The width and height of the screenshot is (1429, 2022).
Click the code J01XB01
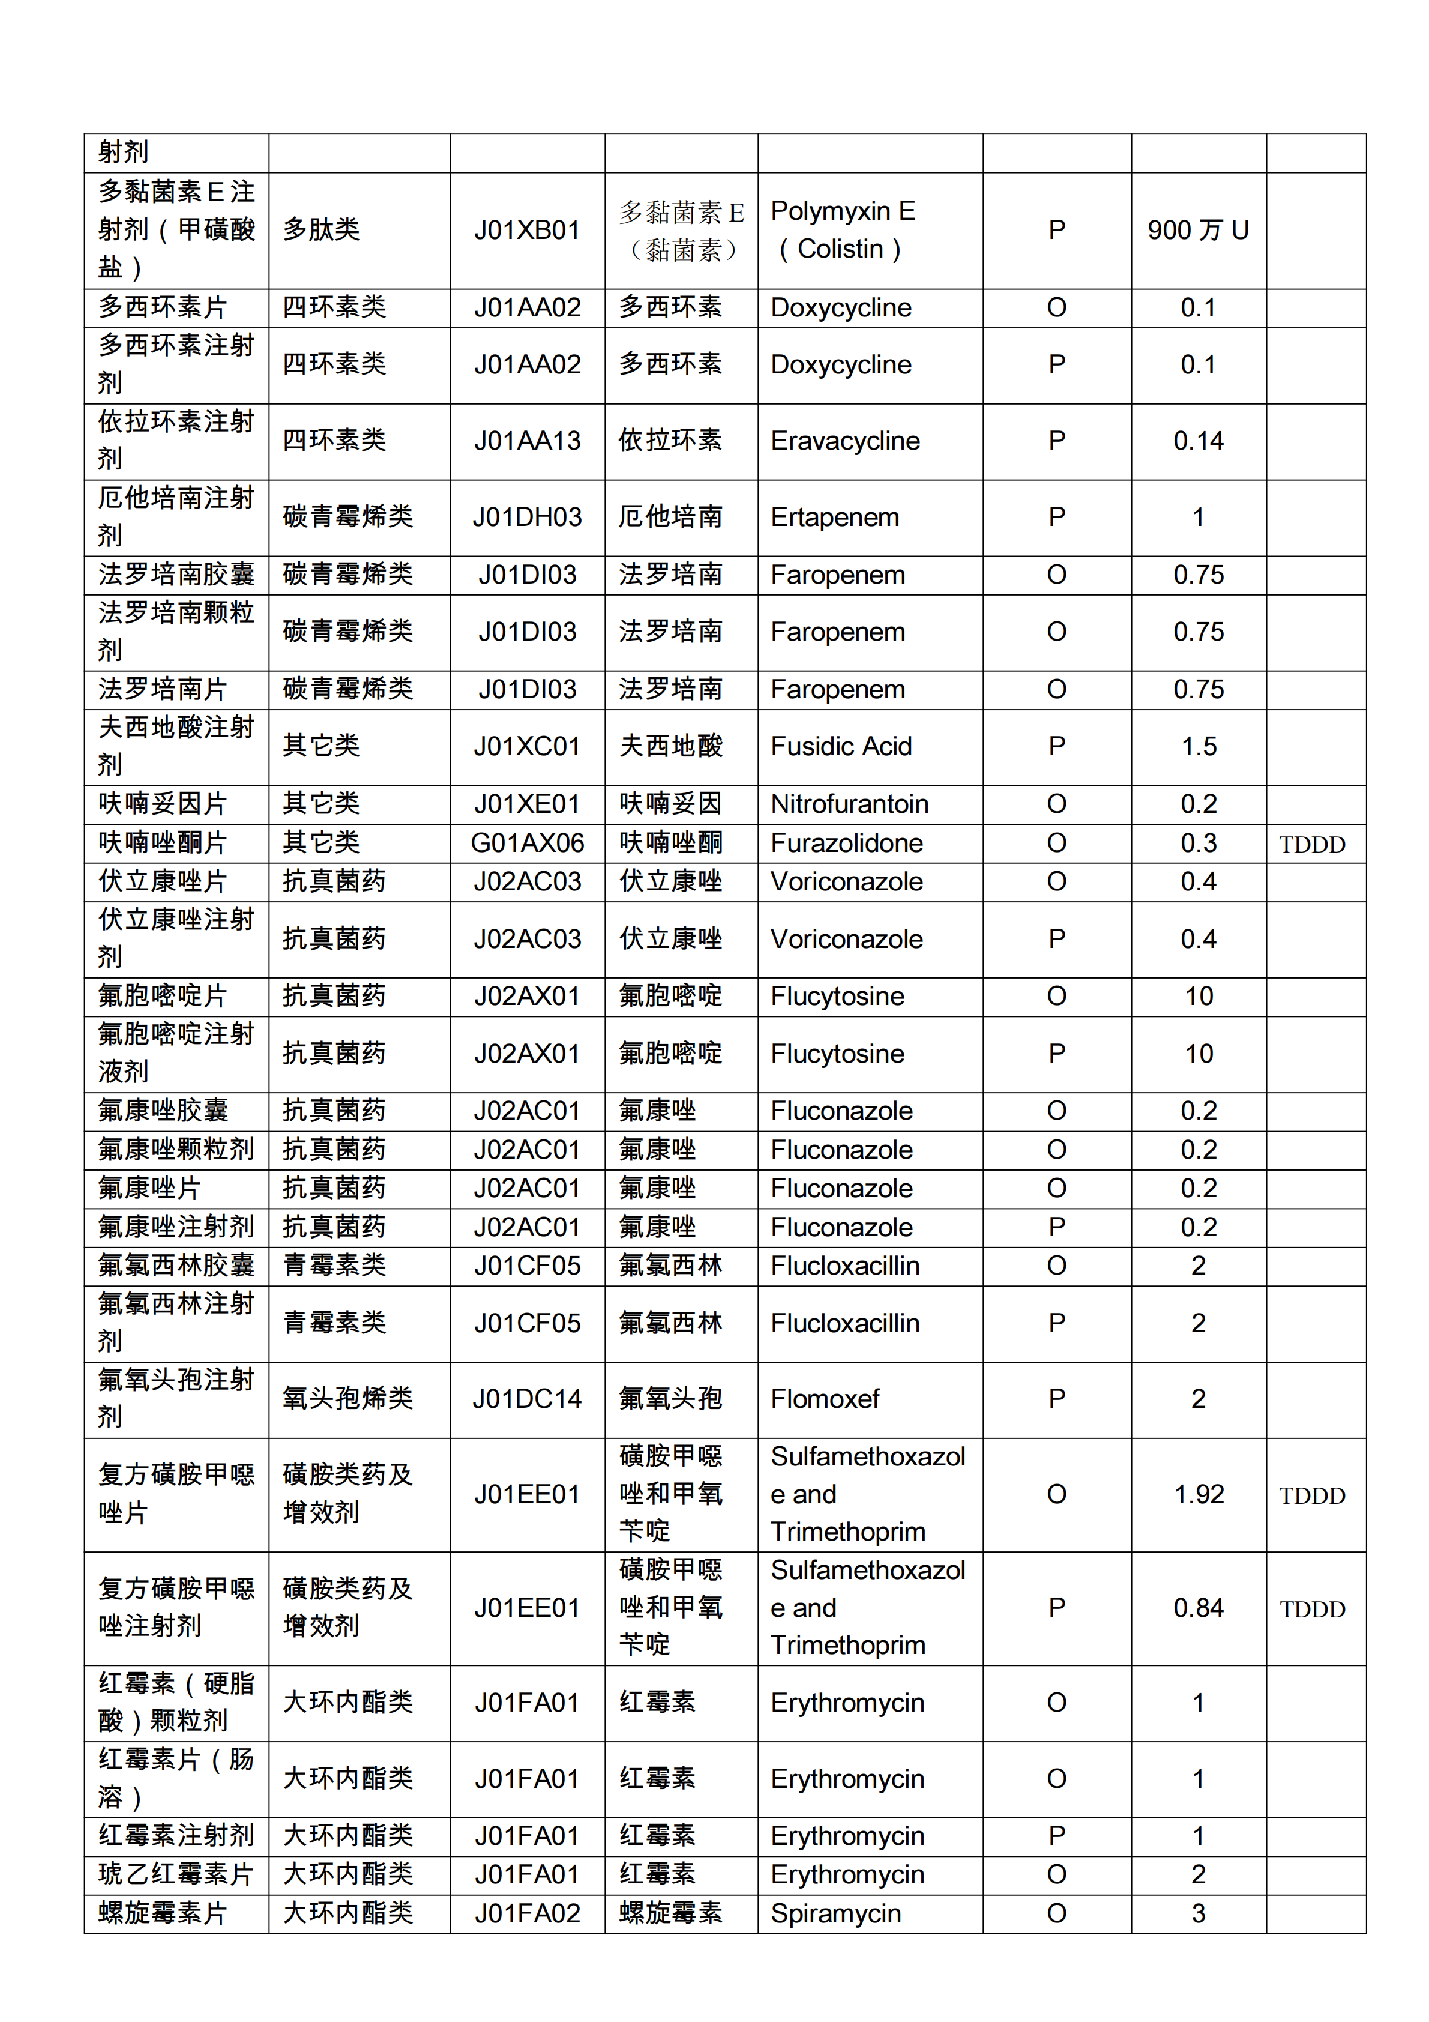click(526, 231)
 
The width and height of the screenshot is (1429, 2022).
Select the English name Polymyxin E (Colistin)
click(843, 230)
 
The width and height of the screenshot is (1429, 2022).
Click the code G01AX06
click(526, 844)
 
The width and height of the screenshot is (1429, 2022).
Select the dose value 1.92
click(1199, 1494)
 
